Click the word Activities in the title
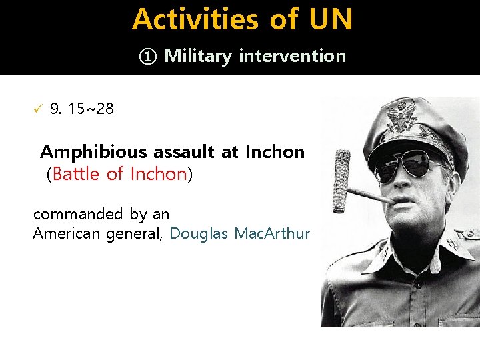point(196,19)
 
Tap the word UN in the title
point(330,19)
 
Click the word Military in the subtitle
point(197,56)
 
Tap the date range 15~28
point(91,109)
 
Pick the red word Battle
point(77,174)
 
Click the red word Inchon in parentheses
point(158,174)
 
